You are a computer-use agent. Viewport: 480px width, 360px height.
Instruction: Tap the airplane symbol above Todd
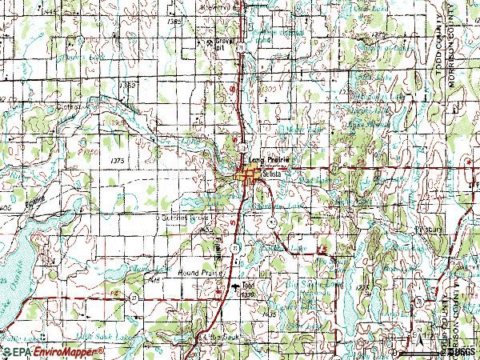[235, 283]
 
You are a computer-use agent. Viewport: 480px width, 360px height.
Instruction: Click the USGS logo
[462, 351]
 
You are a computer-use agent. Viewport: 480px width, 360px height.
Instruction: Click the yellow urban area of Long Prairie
[249, 174]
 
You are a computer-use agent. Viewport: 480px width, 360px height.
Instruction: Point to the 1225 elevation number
[364, 286]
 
